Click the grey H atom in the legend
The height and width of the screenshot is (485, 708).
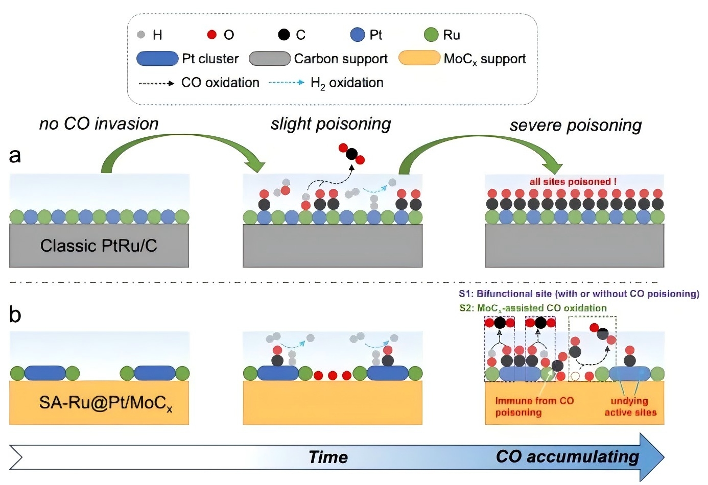(141, 35)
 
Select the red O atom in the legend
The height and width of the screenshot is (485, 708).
(211, 35)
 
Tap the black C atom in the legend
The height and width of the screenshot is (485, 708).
(284, 35)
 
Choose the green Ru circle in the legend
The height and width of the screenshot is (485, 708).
(431, 35)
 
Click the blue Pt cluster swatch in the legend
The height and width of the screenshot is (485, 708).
(157, 59)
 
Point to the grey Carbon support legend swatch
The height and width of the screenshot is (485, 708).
(270, 59)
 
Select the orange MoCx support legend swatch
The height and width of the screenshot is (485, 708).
(419, 58)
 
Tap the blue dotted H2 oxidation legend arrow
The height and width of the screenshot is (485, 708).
(287, 82)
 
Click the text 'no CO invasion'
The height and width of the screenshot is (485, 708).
(99, 124)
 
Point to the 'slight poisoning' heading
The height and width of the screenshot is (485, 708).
(331, 124)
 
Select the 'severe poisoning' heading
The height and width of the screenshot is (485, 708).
(575, 126)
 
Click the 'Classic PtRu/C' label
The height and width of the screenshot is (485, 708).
(99, 246)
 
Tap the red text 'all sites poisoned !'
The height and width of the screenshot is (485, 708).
(573, 181)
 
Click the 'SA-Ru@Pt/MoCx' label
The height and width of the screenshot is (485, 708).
(105, 403)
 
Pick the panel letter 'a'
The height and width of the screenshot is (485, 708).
(15, 155)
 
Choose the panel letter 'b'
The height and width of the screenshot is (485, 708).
(15, 314)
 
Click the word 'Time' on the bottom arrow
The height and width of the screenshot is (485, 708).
(328, 457)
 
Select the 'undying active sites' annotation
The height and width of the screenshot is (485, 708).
(630, 407)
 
